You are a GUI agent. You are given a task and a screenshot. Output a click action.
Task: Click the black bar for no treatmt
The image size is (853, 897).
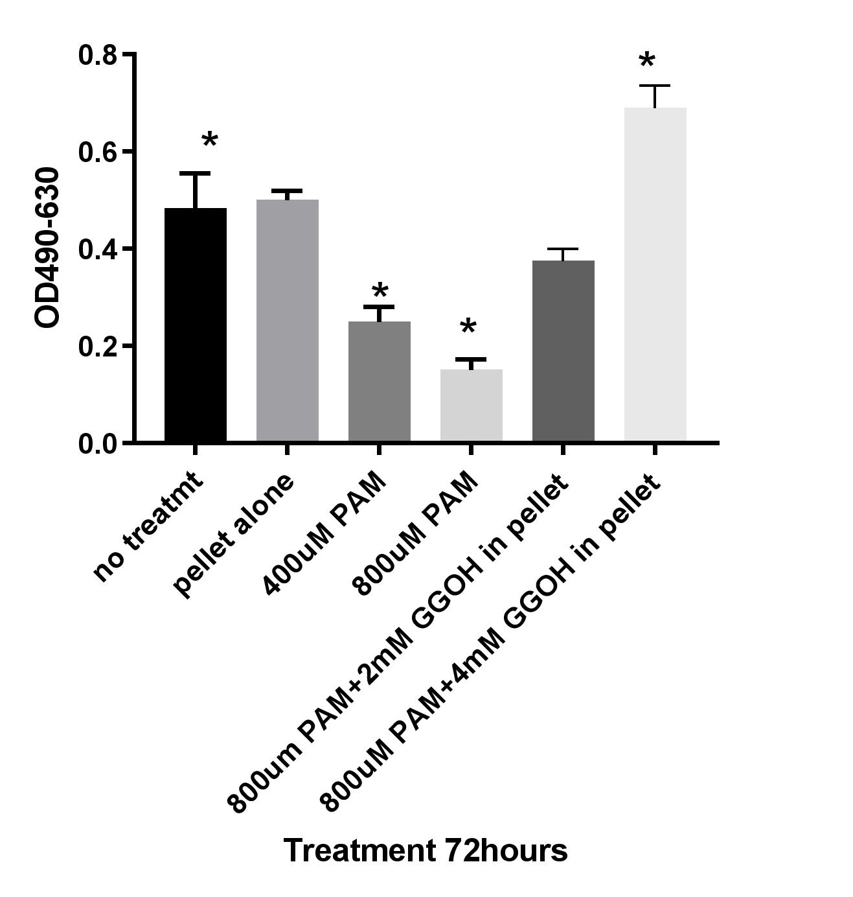pyautogui.click(x=196, y=325)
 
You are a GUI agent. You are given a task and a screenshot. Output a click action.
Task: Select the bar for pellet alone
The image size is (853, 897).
pyautogui.click(x=288, y=321)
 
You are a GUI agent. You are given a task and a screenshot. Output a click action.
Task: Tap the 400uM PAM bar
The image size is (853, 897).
pyautogui.click(x=380, y=382)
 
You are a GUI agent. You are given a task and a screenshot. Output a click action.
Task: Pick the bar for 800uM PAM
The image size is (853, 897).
pyautogui.click(x=472, y=406)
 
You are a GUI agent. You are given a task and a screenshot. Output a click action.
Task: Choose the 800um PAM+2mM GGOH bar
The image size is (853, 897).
pyautogui.click(x=563, y=351)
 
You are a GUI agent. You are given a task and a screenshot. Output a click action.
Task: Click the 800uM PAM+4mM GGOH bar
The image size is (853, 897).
pyautogui.click(x=655, y=275)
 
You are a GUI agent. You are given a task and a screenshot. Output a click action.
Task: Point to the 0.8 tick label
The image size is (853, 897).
pyautogui.click(x=98, y=55)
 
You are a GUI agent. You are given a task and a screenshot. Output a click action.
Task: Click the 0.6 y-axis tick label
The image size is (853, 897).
pyautogui.click(x=98, y=152)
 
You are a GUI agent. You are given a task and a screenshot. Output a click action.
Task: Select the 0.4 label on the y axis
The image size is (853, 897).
pyautogui.click(x=98, y=250)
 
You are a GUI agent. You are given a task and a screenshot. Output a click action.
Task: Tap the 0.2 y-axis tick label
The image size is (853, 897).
pyautogui.click(x=98, y=347)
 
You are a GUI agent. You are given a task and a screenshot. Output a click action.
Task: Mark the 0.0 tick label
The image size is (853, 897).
pyautogui.click(x=98, y=444)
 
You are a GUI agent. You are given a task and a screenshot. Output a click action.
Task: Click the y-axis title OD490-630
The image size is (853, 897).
pyautogui.click(x=48, y=248)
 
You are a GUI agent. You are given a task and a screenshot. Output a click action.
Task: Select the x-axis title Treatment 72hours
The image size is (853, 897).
pyautogui.click(x=426, y=850)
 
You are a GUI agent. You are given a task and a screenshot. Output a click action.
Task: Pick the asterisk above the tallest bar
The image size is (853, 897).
pyautogui.click(x=646, y=62)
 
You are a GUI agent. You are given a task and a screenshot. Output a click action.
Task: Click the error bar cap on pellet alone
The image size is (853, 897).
pyautogui.click(x=288, y=191)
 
